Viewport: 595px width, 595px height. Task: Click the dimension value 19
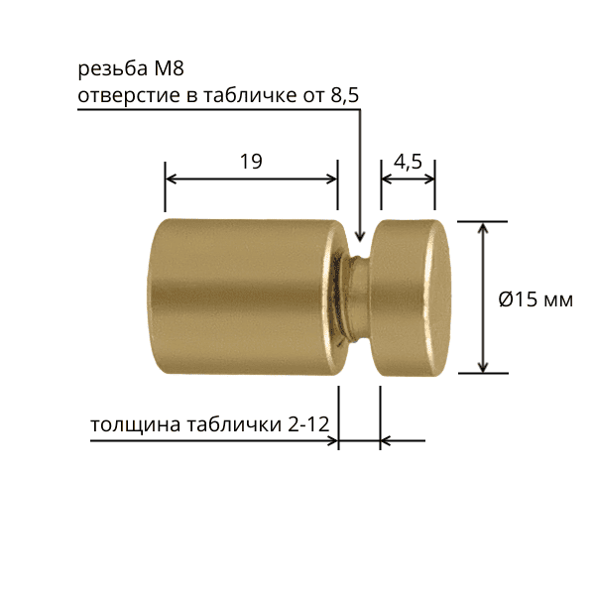coord(251,162)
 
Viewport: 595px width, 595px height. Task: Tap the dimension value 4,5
coord(408,162)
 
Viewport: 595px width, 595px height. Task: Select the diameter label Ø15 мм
coord(535,299)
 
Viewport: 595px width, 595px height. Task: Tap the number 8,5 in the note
coord(345,95)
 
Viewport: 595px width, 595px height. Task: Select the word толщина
coord(135,424)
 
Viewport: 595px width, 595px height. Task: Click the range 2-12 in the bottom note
coord(308,424)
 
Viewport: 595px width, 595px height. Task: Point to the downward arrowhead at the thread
coord(360,236)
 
